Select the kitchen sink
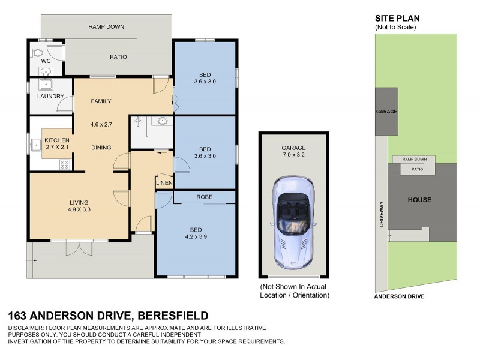(37, 144)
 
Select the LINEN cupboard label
(164, 183)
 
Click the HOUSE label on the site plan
(419, 200)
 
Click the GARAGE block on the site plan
(387, 112)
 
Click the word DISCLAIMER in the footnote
(28, 328)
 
